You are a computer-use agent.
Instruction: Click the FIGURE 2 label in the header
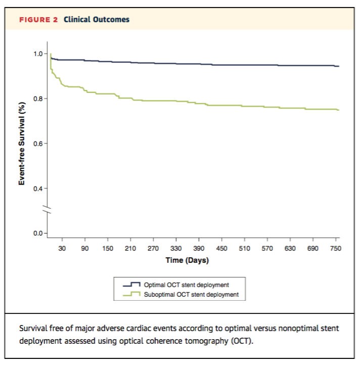coord(38,20)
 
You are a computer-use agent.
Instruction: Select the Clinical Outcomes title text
coord(96,20)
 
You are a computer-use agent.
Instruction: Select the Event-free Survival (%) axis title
coord(22,143)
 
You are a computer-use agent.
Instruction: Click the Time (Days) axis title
coord(187,261)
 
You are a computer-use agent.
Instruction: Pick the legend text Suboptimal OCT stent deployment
coord(191,294)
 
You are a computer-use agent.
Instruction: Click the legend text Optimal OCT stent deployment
coord(187,285)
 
